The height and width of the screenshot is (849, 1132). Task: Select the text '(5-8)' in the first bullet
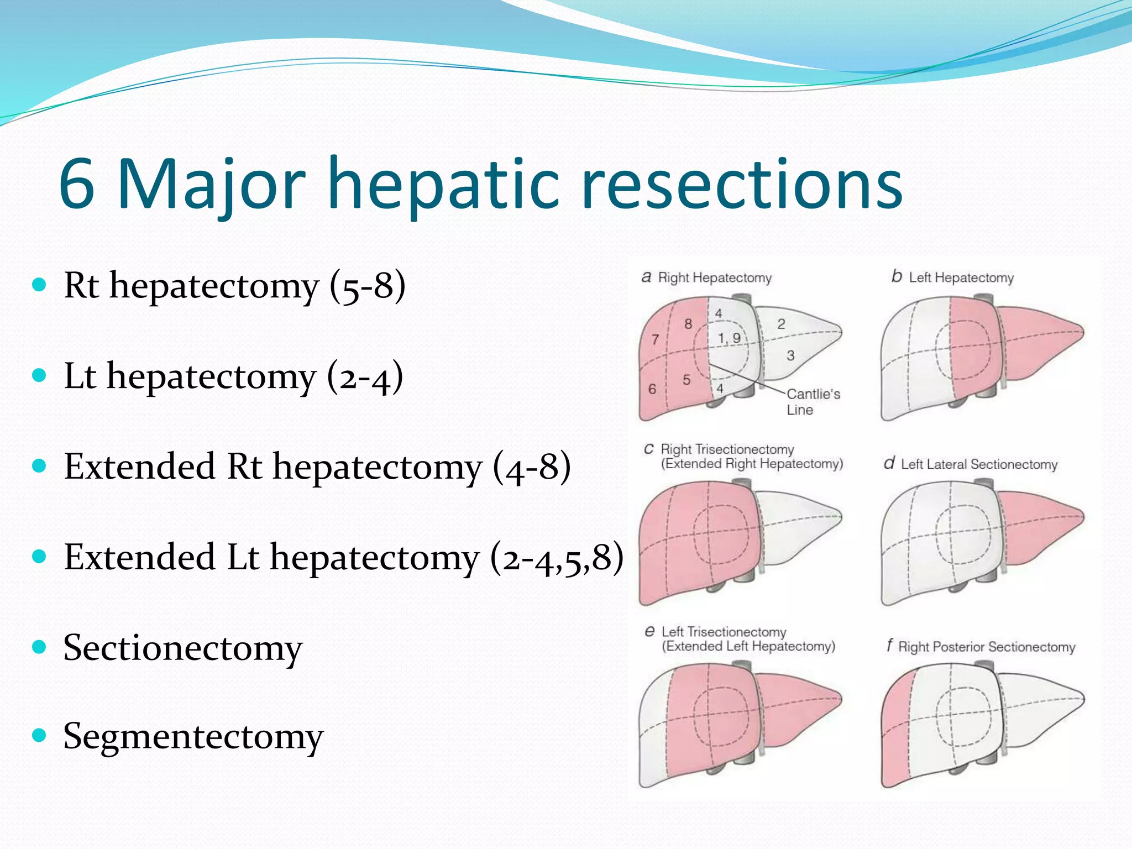tap(368, 286)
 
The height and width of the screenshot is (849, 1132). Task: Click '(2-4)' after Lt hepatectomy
tap(365, 376)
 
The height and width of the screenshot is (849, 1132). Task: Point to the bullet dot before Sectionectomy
tap(39, 647)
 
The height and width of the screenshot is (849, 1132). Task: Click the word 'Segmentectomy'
tap(193, 736)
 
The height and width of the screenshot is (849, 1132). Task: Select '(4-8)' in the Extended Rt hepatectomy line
tap(531, 467)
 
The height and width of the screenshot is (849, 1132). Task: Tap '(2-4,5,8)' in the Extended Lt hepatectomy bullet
tap(557, 557)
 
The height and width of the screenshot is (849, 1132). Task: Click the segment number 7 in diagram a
tap(655, 339)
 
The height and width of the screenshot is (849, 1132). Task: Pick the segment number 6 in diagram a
tap(652, 389)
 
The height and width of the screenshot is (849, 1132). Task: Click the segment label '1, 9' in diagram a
tap(729, 338)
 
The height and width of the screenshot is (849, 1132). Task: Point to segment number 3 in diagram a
tap(790, 355)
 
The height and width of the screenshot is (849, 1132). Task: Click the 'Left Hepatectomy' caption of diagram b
tap(961, 277)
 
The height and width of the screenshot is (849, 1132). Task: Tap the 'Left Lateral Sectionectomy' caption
tap(978, 464)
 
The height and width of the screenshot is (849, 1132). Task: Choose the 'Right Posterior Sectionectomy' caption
tap(986, 647)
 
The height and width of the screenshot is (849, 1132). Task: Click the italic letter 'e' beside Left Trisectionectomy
tap(649, 631)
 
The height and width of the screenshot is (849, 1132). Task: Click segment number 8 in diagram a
tap(688, 324)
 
